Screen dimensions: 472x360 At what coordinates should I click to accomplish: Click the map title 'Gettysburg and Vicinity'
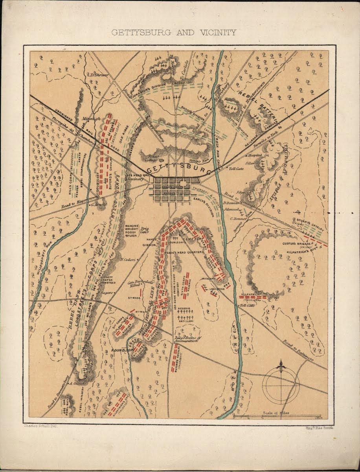pyautogui.click(x=174, y=33)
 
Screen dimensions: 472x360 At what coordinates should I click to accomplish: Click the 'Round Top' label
pyautogui.click(x=123, y=349)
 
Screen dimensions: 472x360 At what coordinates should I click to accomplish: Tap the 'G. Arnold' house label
pyautogui.click(x=98, y=205)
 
